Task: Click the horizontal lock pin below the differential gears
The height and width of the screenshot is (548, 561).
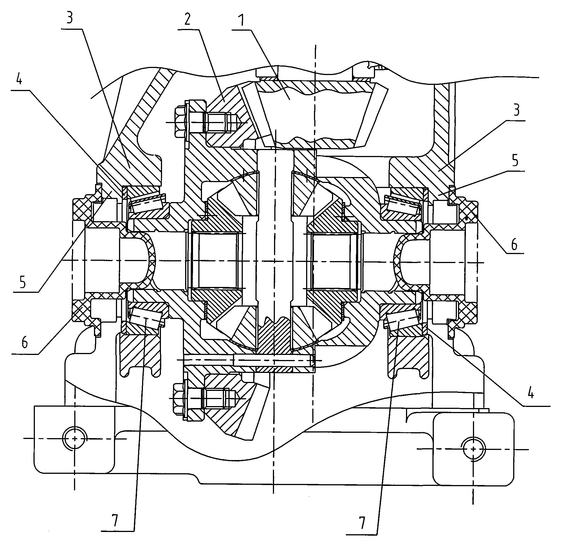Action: click(x=274, y=360)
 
